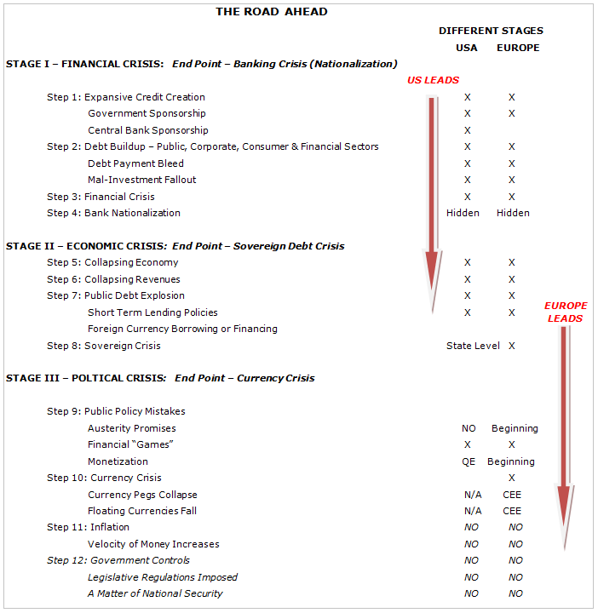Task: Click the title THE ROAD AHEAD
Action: pos(271,12)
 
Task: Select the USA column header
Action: pos(467,48)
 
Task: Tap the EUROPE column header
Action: pos(518,48)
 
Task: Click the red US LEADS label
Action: pos(433,80)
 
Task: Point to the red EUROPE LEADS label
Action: pos(566,312)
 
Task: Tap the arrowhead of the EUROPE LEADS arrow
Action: pos(563,515)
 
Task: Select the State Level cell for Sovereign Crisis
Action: pos(473,346)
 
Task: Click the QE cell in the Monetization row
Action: pos(468,461)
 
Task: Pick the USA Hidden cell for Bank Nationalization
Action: pos(463,213)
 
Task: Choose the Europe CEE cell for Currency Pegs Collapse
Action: pos(512,495)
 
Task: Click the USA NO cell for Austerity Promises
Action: pos(469,428)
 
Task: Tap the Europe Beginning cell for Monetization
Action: pos(511,461)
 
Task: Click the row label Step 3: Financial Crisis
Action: pos(101,197)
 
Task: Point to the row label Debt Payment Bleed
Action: pos(135,163)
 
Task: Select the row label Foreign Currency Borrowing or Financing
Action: pos(182,329)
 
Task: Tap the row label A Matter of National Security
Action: pos(155,593)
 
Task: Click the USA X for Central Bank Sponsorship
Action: pos(468,130)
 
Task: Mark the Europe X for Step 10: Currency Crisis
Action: pos(512,478)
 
